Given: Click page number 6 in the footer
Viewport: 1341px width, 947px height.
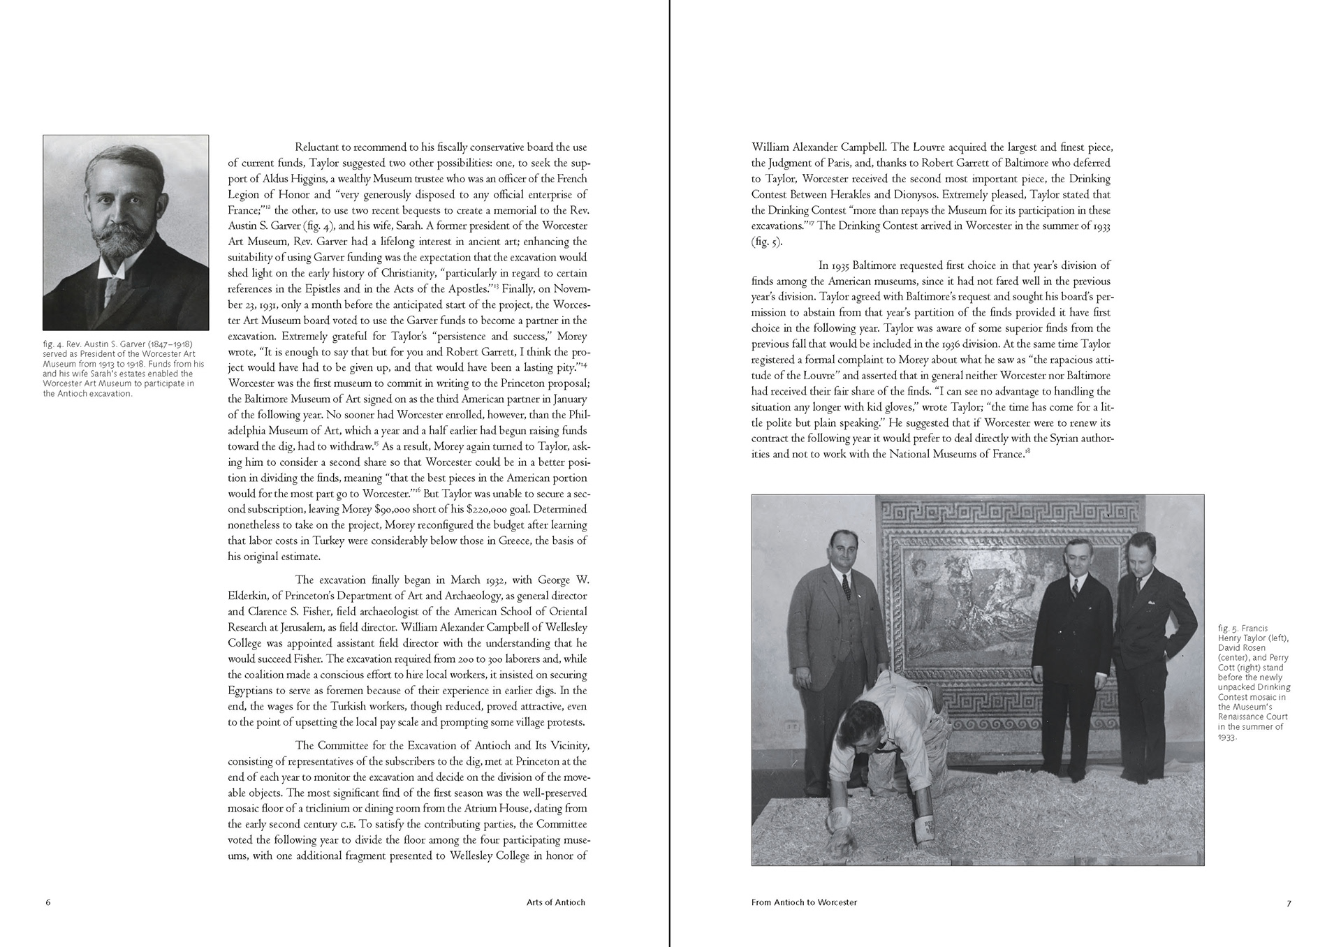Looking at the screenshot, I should [48, 902].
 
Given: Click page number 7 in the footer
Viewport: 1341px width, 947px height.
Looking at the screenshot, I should [1289, 902].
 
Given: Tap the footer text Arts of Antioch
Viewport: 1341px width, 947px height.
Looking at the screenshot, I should [555, 902].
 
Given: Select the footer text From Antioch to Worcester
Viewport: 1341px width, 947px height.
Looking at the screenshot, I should [804, 902].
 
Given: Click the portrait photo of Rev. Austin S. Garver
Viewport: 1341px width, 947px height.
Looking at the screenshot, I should [126, 233].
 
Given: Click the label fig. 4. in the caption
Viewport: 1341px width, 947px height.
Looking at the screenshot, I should [53, 344].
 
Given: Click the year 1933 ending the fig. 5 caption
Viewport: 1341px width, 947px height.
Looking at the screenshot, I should [1226, 737].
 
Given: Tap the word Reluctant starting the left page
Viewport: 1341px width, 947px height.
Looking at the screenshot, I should [323, 147].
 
